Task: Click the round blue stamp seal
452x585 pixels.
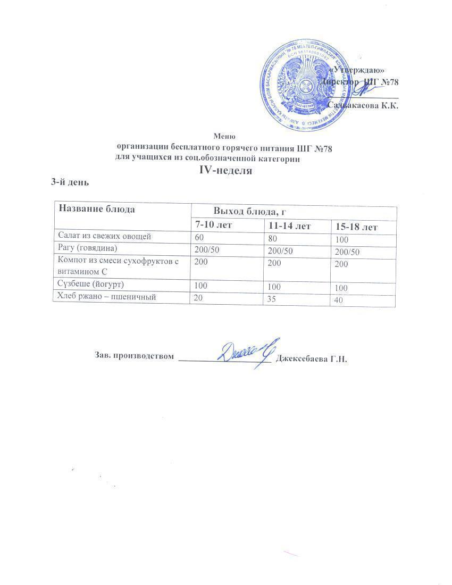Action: click(x=305, y=84)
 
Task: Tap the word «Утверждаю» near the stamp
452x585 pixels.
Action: click(x=357, y=71)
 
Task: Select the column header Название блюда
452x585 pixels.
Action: click(x=97, y=208)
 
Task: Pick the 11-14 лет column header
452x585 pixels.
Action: click(x=290, y=226)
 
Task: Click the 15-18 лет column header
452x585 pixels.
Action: click(x=356, y=227)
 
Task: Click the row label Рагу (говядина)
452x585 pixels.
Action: click(x=87, y=248)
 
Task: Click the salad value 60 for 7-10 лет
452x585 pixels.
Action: click(x=198, y=236)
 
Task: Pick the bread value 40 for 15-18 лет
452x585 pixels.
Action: click(x=339, y=300)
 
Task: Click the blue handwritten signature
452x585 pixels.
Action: click(x=245, y=353)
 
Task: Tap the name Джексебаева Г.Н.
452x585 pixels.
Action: click(x=312, y=359)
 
